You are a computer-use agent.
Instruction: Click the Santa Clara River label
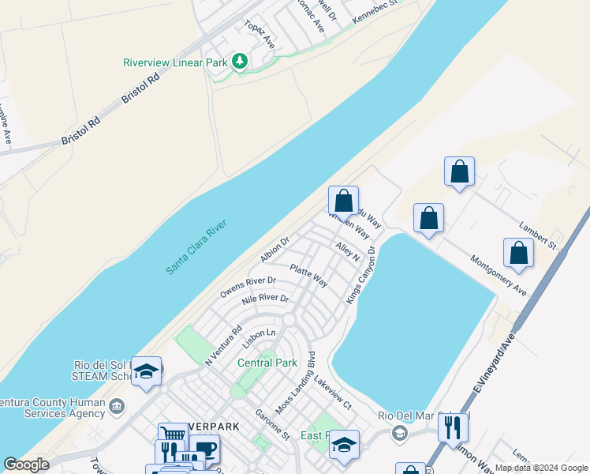(x=196, y=247)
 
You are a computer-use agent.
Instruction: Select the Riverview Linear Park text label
(x=175, y=62)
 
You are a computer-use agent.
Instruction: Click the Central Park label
(x=267, y=363)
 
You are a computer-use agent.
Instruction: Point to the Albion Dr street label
(x=275, y=250)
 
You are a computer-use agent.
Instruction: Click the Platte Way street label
(x=308, y=275)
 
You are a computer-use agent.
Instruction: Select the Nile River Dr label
(x=266, y=299)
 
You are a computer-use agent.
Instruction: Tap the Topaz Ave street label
(x=259, y=35)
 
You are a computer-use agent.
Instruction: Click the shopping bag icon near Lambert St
(x=518, y=253)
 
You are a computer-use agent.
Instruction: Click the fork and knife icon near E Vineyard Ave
(x=452, y=427)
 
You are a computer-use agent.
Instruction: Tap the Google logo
(x=27, y=465)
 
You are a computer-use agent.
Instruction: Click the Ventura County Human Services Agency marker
(x=117, y=407)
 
